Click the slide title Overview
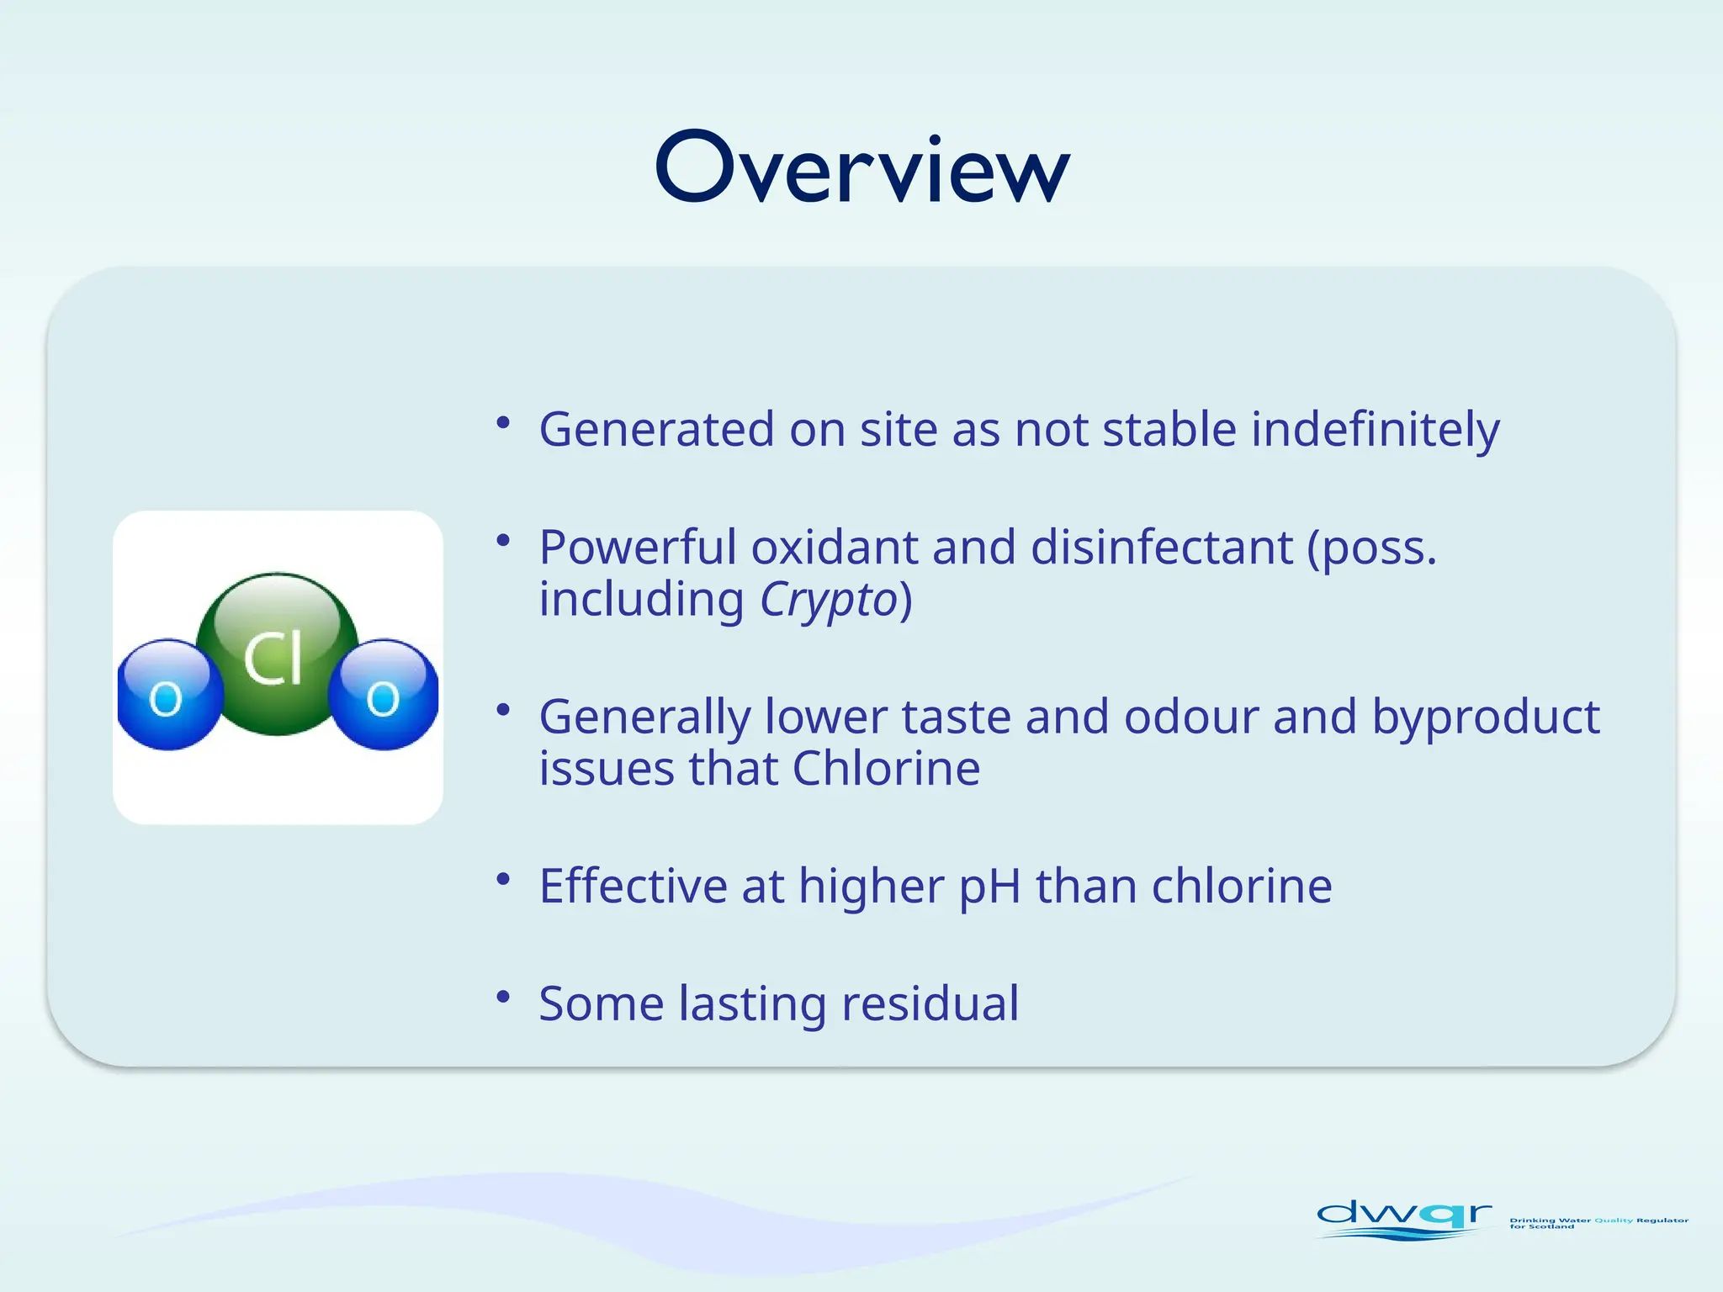point(861,168)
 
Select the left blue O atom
point(168,695)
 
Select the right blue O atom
point(384,695)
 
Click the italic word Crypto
point(829,601)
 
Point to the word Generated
point(656,431)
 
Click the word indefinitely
point(1375,431)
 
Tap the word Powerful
point(637,548)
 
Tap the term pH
point(989,887)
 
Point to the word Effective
point(633,887)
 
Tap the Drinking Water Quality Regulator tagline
point(1598,1222)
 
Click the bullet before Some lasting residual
point(503,998)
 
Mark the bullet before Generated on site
point(503,423)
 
